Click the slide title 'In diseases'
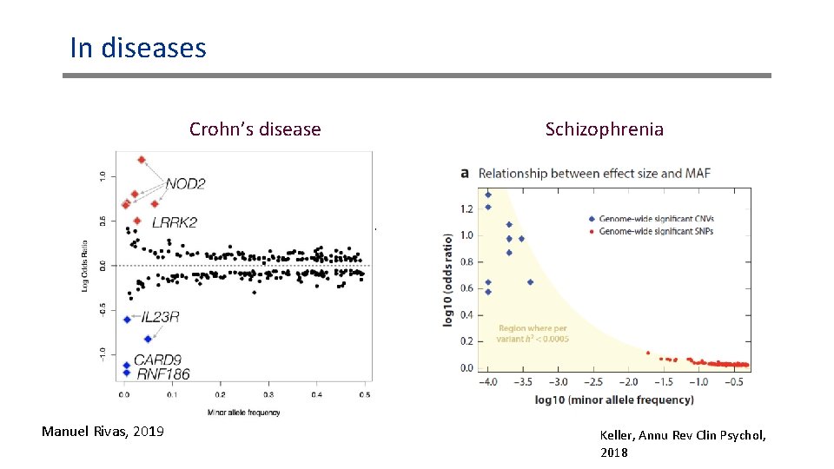[138, 47]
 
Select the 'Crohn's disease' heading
[255, 129]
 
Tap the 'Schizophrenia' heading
[604, 129]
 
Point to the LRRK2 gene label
[174, 222]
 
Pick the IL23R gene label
[160, 318]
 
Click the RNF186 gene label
[162, 374]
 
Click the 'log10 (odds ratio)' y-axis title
[449, 279]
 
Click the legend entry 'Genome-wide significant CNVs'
[656, 219]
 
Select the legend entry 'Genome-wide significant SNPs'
[656, 232]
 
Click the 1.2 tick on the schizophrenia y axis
[467, 208]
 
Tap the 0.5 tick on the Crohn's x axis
[364, 395]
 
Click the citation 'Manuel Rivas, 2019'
[103, 431]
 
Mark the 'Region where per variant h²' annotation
[533, 334]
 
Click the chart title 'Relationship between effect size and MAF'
[594, 173]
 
